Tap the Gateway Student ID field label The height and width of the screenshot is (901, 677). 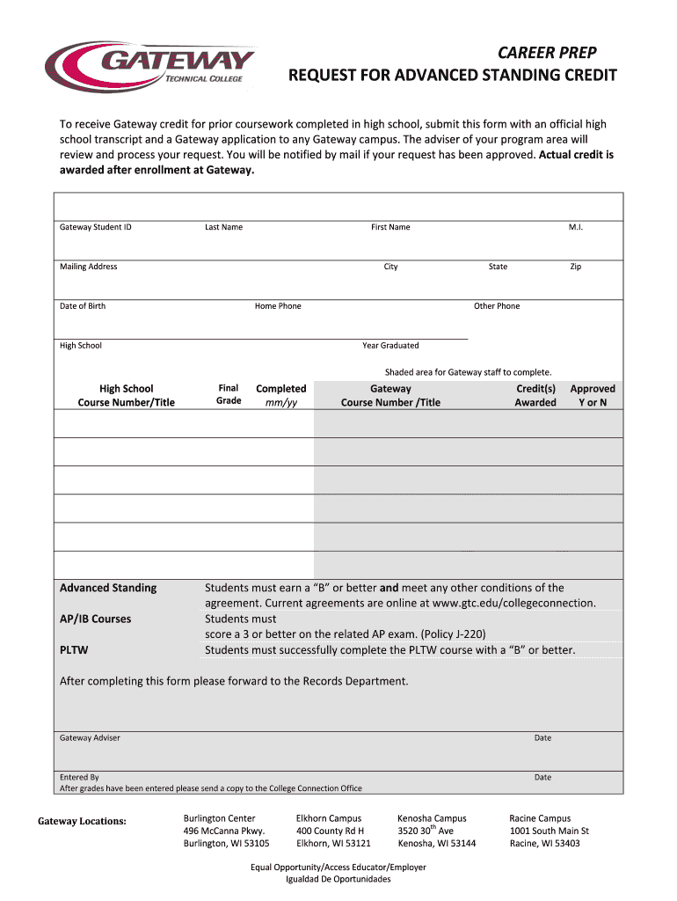(x=96, y=227)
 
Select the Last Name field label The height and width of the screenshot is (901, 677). (x=223, y=227)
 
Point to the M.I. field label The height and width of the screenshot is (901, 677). (x=576, y=227)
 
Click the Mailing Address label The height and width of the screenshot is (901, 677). (x=88, y=267)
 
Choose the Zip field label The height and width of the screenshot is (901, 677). (x=575, y=267)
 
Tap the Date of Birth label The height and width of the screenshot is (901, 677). (x=83, y=306)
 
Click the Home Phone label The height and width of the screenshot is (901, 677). (x=278, y=306)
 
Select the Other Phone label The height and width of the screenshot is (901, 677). (x=497, y=306)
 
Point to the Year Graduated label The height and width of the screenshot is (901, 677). (x=390, y=346)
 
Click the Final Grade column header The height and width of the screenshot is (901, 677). (x=229, y=394)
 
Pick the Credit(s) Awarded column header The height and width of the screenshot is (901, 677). (x=535, y=395)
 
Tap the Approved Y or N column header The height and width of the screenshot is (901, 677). (x=593, y=395)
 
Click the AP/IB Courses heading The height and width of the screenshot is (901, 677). (x=95, y=619)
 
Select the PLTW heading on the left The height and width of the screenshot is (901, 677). (x=74, y=650)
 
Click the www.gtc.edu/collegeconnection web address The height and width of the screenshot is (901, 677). (x=513, y=604)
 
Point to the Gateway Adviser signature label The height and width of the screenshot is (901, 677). (x=90, y=737)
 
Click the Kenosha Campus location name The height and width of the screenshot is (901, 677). (x=432, y=818)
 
